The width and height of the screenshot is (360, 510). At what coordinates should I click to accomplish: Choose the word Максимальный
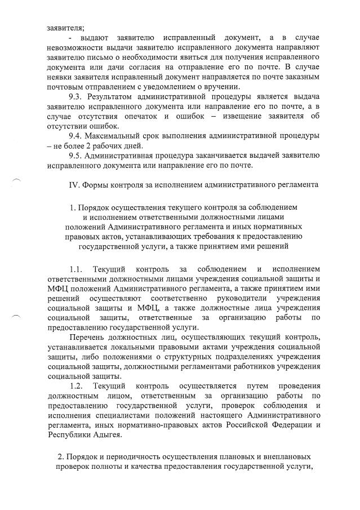click(118, 136)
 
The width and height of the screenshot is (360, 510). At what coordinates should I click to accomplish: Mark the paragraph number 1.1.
click(76, 268)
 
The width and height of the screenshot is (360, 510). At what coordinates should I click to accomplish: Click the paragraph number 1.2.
click(76, 386)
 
